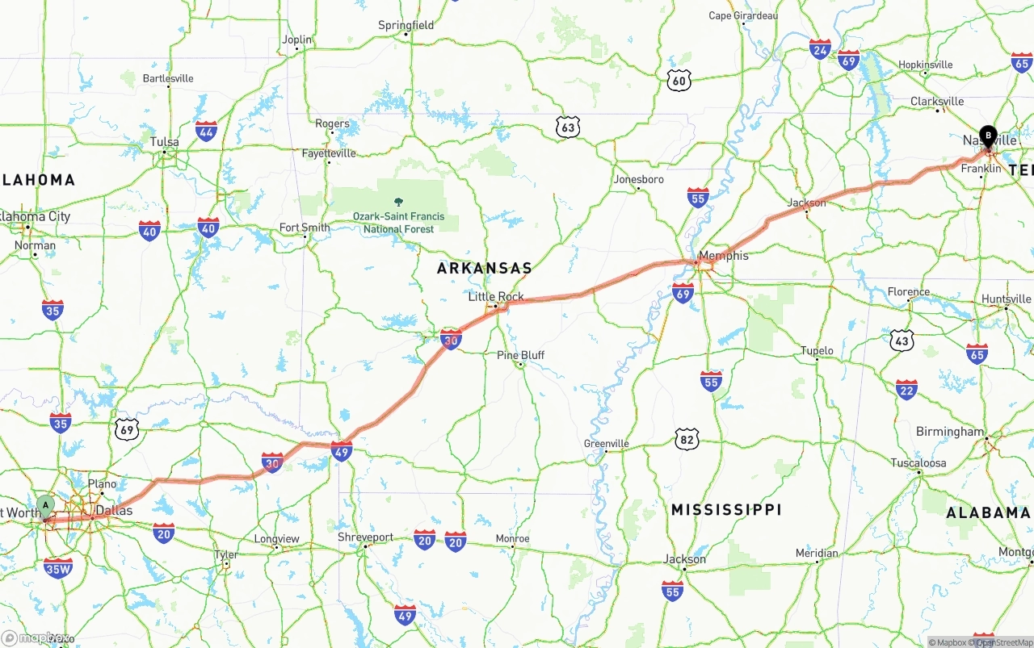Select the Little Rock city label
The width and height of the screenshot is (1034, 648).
click(496, 296)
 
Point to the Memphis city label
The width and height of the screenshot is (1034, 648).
click(724, 256)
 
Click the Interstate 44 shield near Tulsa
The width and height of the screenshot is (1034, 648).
click(206, 131)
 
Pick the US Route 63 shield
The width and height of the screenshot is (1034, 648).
click(568, 127)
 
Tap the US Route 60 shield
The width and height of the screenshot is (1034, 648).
click(680, 79)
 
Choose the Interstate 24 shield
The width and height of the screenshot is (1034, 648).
click(820, 49)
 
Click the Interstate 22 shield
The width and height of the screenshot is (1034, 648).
click(906, 390)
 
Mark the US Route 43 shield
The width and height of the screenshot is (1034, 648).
click(902, 341)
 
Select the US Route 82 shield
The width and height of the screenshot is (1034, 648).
click(687, 439)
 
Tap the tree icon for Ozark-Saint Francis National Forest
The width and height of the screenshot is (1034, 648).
click(398, 202)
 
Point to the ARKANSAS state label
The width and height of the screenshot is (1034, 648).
click(485, 268)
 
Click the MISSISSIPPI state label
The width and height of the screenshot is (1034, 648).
click(726, 509)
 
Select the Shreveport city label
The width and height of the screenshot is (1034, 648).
click(366, 537)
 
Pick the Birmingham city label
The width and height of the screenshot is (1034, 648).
click(950, 432)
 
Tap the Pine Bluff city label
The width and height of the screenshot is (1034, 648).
click(520, 355)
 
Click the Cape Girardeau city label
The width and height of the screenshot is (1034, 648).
click(743, 15)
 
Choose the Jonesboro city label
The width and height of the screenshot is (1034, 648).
click(638, 179)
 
